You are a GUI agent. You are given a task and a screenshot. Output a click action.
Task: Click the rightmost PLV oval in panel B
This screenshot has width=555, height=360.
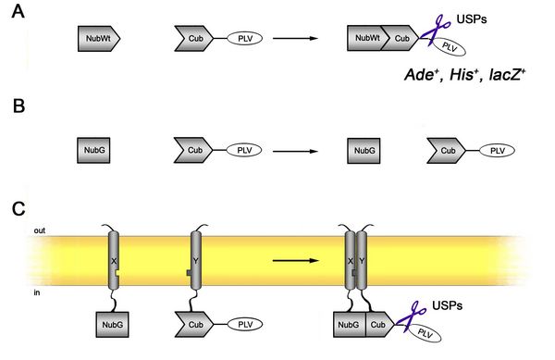coord(497,149)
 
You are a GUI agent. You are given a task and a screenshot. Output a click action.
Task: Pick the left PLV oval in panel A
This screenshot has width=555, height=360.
coord(244,39)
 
